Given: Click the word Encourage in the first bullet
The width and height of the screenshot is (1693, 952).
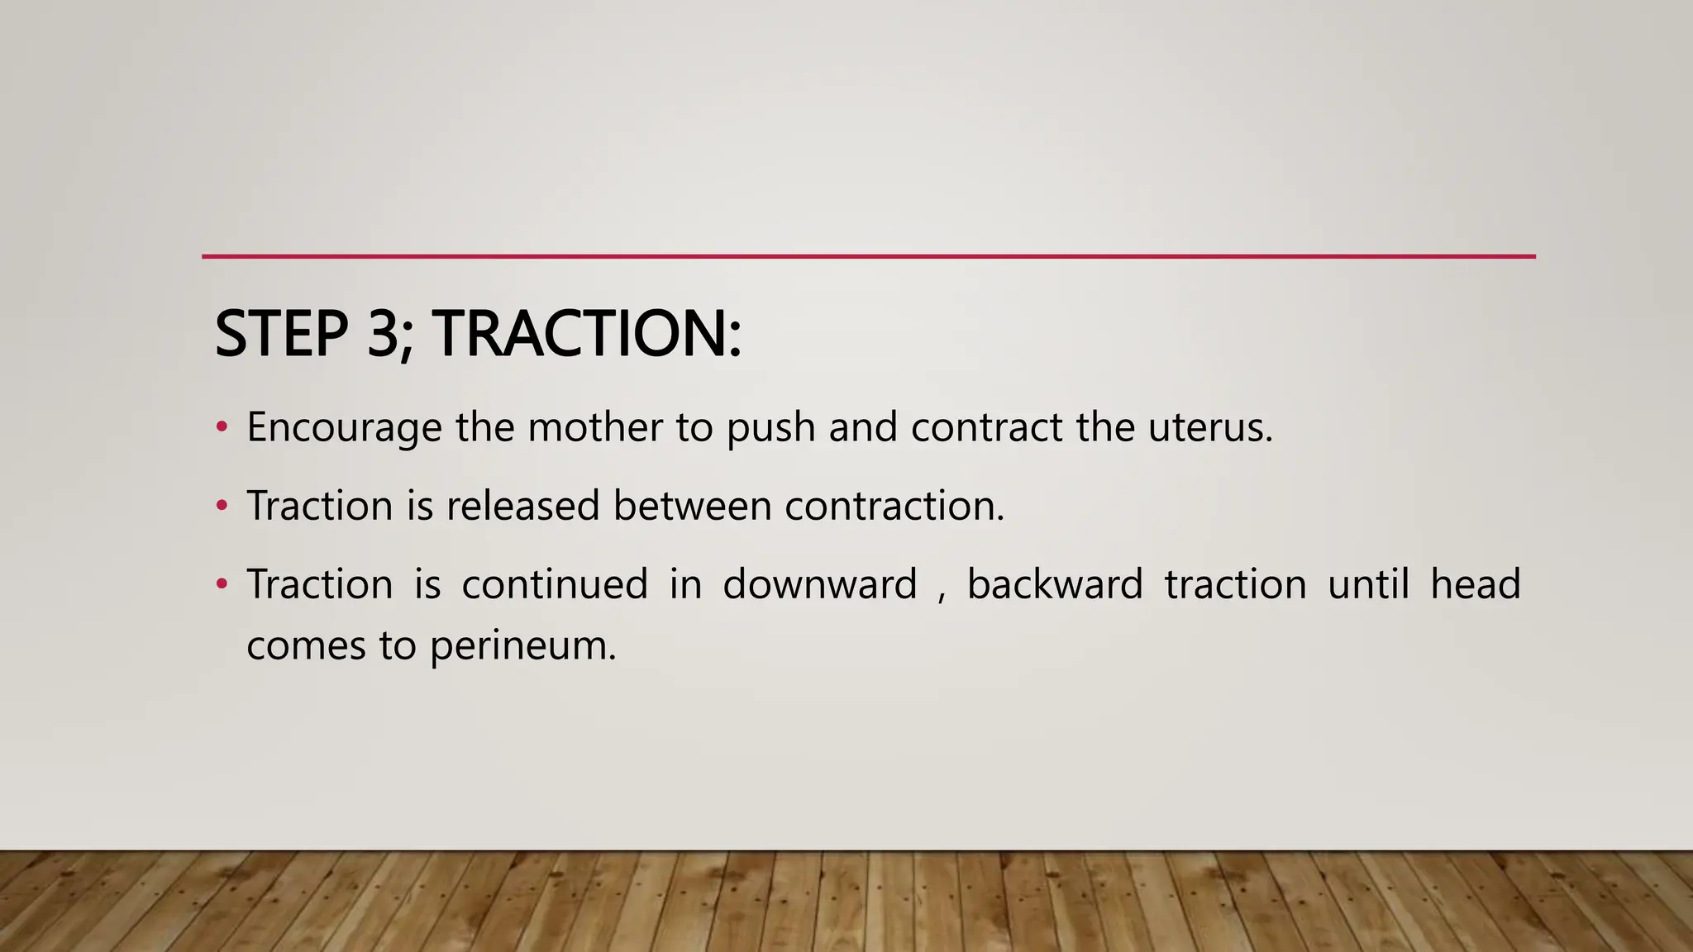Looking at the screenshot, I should click(344, 428).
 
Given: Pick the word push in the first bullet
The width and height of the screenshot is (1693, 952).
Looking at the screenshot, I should click(770, 428).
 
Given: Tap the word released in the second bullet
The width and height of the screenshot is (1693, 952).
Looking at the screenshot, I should click(522, 505).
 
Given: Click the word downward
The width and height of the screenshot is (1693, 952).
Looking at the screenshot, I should click(820, 584).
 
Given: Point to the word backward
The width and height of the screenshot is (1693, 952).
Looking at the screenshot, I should click(1055, 584).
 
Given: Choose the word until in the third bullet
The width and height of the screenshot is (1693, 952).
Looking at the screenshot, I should click(1368, 584).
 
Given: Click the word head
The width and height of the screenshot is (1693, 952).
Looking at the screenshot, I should click(1476, 584).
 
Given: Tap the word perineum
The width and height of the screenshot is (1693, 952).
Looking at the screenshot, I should click(522, 646).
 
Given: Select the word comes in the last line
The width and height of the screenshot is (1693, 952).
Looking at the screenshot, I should click(306, 646).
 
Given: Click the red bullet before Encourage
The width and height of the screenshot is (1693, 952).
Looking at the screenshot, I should click(221, 427).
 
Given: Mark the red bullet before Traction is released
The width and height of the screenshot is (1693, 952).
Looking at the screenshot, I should click(221, 505).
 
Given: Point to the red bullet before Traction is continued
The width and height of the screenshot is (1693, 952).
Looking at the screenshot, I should click(221, 584).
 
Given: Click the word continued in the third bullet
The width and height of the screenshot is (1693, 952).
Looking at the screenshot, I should click(555, 584).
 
